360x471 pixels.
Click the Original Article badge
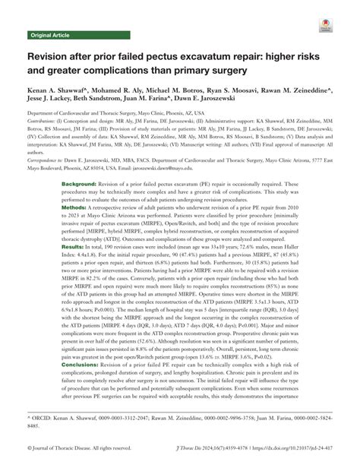click(x=49, y=36)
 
